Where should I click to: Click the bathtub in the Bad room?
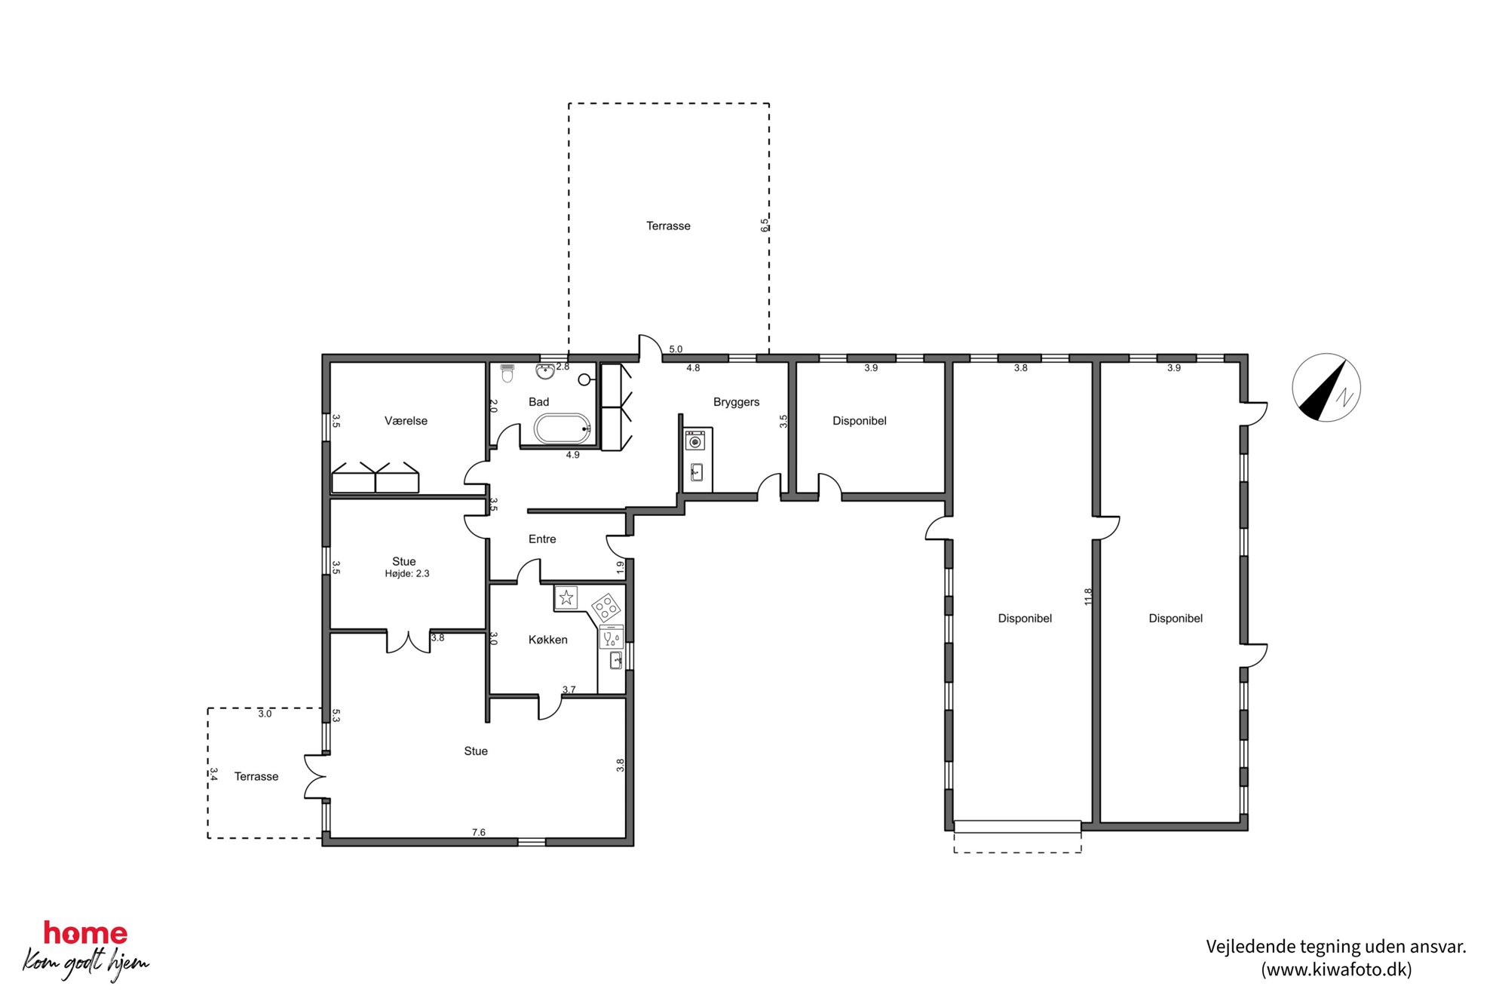563,429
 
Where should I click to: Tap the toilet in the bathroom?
507,373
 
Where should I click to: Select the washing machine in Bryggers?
695,441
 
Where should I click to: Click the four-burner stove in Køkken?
606,607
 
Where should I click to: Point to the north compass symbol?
1326,387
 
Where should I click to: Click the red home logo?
85,933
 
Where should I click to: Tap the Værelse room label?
406,421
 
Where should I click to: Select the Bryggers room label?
736,402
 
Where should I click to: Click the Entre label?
542,539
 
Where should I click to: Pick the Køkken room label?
548,640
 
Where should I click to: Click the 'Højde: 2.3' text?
407,574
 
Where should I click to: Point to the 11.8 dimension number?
1088,597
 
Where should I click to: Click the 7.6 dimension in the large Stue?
479,832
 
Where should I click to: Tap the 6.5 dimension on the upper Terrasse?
765,225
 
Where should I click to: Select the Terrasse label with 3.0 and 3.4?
256,777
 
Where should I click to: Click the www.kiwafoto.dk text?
1336,969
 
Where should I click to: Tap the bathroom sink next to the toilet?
545,371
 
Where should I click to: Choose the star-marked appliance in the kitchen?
566,598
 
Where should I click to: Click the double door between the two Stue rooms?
408,641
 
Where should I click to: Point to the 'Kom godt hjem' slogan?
86,963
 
